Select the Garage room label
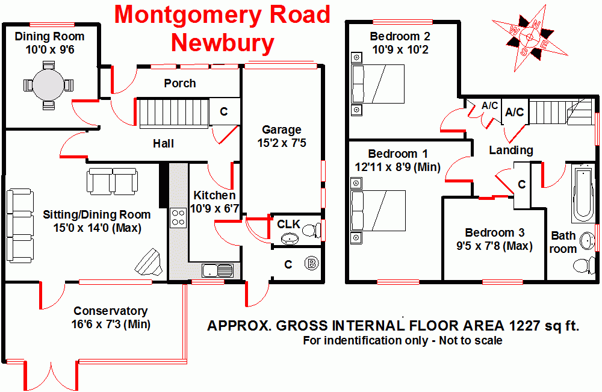[281, 129]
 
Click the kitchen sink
[216, 270]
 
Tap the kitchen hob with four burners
[179, 217]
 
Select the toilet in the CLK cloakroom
[310, 230]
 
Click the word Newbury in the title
[222, 43]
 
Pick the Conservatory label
[110, 311]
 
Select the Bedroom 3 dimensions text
[494, 246]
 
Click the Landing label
[510, 150]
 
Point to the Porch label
[180, 83]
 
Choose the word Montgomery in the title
[222, 14]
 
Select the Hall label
[163, 143]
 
